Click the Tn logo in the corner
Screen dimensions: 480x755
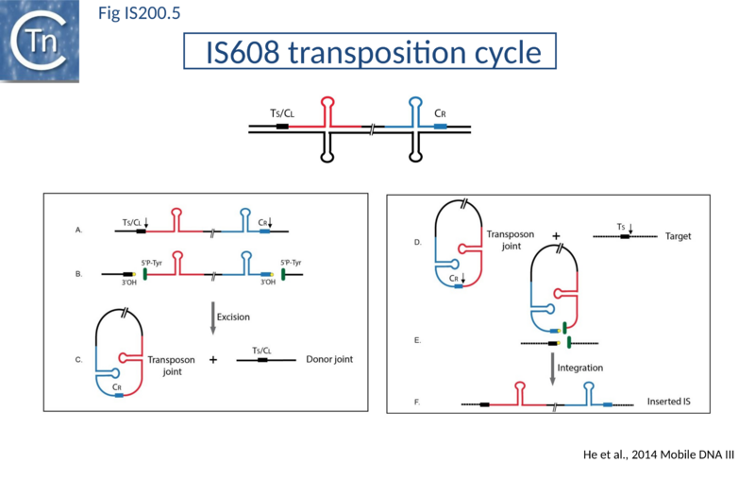coord(40,40)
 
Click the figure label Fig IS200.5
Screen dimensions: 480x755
coord(141,13)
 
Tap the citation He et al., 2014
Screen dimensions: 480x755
coord(660,455)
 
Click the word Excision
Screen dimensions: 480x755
coord(234,317)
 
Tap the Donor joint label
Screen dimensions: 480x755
coord(330,360)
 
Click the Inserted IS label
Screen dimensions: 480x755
coord(669,402)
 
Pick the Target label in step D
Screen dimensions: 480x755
coord(678,235)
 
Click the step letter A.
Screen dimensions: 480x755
coord(78,230)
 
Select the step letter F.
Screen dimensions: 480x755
coord(418,403)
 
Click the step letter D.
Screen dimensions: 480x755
coord(418,243)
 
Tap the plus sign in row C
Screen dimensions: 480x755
coord(211,360)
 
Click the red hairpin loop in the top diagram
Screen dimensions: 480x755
coord(327,102)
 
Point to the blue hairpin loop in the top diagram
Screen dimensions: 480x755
coord(415,102)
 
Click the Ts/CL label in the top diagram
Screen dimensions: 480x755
coord(282,113)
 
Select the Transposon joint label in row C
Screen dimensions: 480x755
coord(171,366)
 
